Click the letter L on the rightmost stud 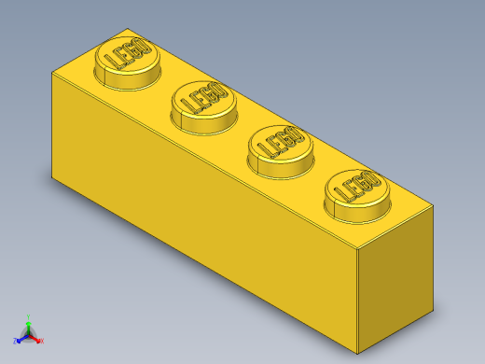(x=339, y=196)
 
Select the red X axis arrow (x=36, y=339)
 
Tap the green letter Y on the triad (x=30, y=317)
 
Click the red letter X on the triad (x=42, y=341)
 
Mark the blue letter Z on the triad (x=16, y=341)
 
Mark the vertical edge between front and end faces (x=358, y=299)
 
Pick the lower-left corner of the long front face (x=52, y=175)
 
